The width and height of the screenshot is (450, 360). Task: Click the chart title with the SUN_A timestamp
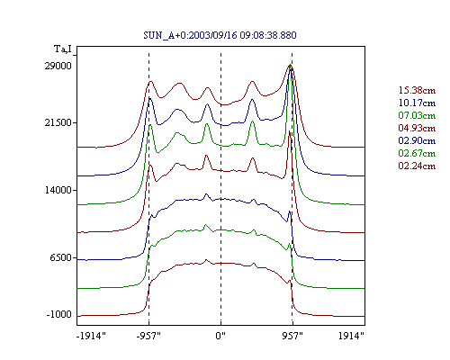tap(220, 35)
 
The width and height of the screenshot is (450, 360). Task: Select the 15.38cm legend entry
tap(417, 90)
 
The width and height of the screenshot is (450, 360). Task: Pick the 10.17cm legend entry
tap(417, 103)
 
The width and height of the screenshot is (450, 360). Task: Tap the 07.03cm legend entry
tap(417, 115)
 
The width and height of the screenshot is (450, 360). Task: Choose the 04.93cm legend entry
tap(417, 128)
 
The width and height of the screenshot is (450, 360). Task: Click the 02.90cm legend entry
tap(417, 140)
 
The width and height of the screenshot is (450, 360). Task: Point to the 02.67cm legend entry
tap(417, 153)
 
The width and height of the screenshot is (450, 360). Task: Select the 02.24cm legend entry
tap(417, 166)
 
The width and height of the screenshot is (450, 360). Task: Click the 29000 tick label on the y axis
tap(58, 66)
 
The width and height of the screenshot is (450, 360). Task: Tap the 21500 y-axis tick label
tap(58, 122)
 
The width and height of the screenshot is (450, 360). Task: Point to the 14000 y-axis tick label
tap(58, 190)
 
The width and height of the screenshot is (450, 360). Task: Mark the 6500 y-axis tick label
tap(61, 257)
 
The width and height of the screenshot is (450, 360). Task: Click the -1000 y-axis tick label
tap(59, 314)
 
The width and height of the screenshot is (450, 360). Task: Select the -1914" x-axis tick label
tap(92, 336)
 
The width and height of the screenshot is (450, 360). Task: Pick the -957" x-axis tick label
tap(148, 336)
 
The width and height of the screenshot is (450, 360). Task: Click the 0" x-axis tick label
tap(220, 336)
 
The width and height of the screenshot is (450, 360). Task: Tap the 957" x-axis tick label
tap(292, 336)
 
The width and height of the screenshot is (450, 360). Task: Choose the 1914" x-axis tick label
tap(351, 336)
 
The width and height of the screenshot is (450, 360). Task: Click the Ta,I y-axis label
tap(63, 49)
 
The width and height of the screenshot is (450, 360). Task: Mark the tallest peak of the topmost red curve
tap(290, 65)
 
